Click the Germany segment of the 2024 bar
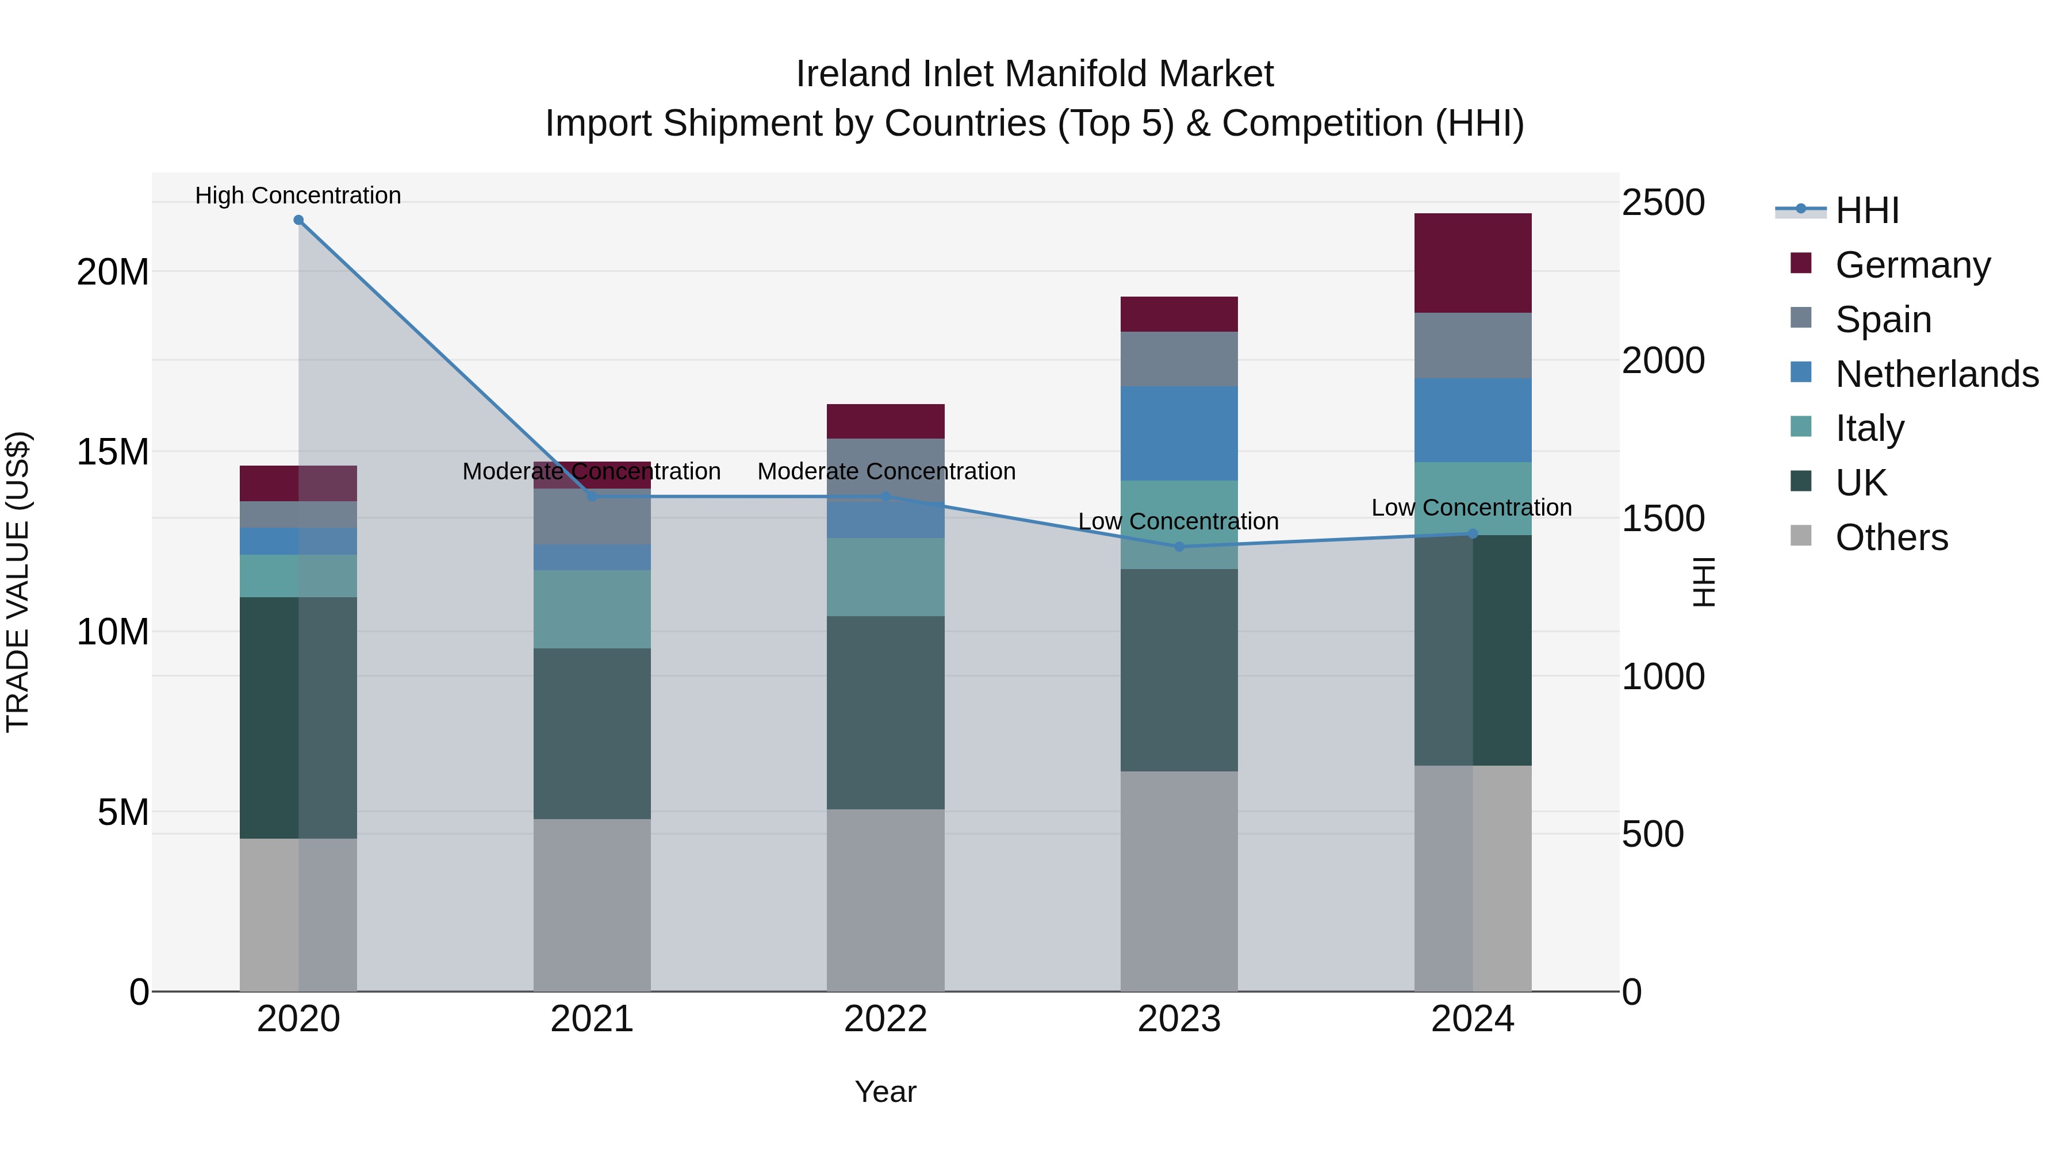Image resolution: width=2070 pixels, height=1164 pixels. tap(1472, 263)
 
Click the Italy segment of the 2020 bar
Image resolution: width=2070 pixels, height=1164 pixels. tap(297, 575)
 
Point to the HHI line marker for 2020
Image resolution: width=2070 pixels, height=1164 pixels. tap(298, 220)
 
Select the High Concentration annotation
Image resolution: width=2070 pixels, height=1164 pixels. tap(297, 195)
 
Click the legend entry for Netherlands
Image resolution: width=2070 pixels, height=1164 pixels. tap(1937, 374)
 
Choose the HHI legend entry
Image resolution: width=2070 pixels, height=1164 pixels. tap(1866, 210)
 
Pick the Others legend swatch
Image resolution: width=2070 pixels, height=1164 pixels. tap(1801, 536)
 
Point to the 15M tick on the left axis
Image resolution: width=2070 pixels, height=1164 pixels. tap(113, 451)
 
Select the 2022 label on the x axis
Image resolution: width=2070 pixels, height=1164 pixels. tap(885, 1019)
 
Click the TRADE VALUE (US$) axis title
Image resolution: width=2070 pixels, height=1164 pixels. tap(18, 582)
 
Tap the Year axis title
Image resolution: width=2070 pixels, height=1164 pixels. tap(885, 1092)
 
